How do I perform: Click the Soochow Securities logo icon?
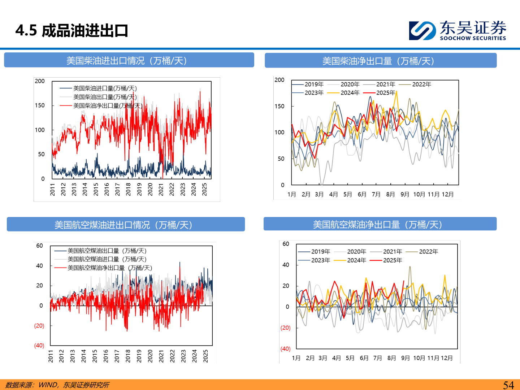[422, 30]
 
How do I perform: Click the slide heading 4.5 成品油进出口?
[72, 31]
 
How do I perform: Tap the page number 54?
[508, 385]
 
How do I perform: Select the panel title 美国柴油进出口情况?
[126, 61]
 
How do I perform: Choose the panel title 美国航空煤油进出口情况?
[123, 225]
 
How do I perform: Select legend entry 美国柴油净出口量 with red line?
[108, 106]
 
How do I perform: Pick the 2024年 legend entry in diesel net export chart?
[350, 93]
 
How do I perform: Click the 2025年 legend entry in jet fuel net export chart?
[392, 260]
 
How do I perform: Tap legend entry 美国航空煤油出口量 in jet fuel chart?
[107, 251]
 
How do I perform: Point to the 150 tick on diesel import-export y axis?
[40, 105]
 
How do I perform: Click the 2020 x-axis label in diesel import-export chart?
[150, 189]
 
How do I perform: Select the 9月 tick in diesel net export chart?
[405, 194]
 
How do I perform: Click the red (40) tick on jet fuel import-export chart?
[39, 346]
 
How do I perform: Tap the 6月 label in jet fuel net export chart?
[364, 358]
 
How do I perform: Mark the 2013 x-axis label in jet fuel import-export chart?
[73, 356]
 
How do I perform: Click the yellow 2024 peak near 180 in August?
[396, 92]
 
